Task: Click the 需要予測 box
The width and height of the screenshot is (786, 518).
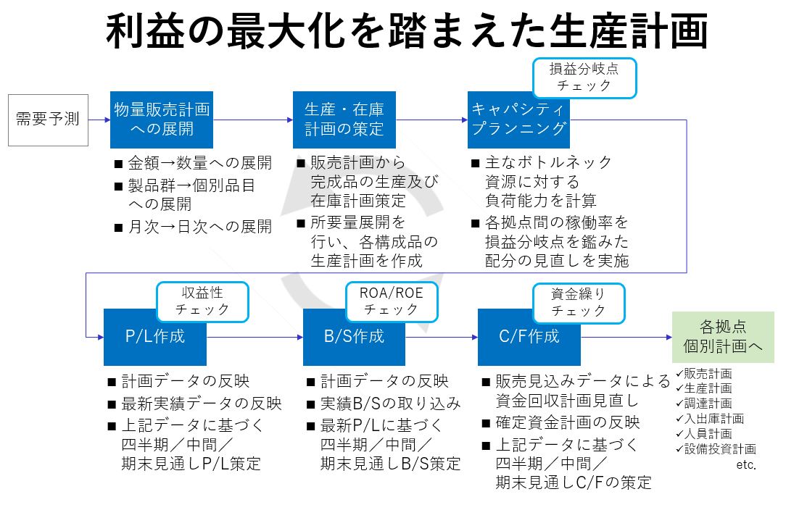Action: tap(48, 120)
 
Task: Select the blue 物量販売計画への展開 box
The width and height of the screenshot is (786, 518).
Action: tap(162, 120)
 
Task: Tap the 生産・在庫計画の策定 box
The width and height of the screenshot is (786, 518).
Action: tap(344, 120)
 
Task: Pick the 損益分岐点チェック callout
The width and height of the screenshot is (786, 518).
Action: tap(584, 78)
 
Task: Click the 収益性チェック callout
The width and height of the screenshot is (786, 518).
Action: tap(202, 301)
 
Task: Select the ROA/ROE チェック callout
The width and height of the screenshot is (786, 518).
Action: tap(392, 301)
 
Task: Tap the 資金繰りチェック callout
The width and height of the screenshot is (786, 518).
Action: tap(579, 303)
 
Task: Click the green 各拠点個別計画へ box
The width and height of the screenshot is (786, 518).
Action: tap(723, 337)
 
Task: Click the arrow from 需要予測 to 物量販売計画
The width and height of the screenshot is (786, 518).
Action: tap(99, 120)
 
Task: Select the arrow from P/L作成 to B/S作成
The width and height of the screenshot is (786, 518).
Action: tap(255, 337)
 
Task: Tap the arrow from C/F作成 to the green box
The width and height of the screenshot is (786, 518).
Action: tap(626, 337)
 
